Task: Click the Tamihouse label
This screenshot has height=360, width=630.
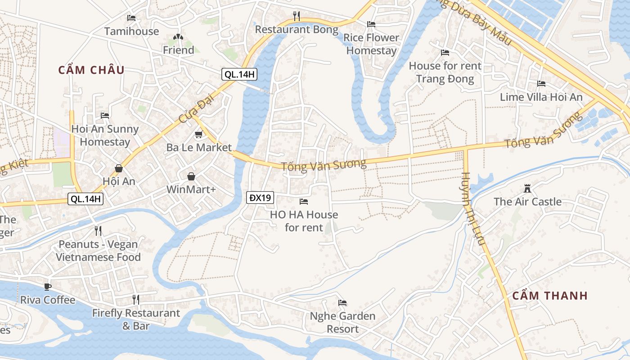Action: coord(131,31)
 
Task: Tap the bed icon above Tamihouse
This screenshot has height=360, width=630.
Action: coord(131,18)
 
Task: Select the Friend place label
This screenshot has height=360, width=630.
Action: coord(178,50)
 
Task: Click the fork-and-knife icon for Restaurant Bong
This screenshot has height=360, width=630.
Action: coord(296,16)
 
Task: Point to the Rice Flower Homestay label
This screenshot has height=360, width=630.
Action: coord(371,44)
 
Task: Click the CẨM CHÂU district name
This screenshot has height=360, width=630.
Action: coord(91,70)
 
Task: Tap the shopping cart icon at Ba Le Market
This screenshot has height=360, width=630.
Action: coord(198,135)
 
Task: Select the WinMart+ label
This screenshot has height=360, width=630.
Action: coord(191,189)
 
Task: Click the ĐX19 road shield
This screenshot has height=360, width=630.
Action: coord(260,197)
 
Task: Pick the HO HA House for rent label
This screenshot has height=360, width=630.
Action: coord(304,221)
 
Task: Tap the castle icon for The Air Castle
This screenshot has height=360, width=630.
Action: coord(527,188)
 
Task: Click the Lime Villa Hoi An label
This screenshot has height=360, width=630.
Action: coord(541,97)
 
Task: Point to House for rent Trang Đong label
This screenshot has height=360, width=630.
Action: coord(445,72)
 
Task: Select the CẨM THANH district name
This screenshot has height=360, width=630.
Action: coord(550,296)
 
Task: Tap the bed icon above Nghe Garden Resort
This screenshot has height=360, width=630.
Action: coord(342,303)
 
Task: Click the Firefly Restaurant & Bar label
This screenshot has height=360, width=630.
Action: coord(136,319)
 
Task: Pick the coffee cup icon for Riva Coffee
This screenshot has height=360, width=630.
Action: coord(48,287)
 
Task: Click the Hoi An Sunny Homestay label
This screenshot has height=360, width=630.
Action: coord(105,135)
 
